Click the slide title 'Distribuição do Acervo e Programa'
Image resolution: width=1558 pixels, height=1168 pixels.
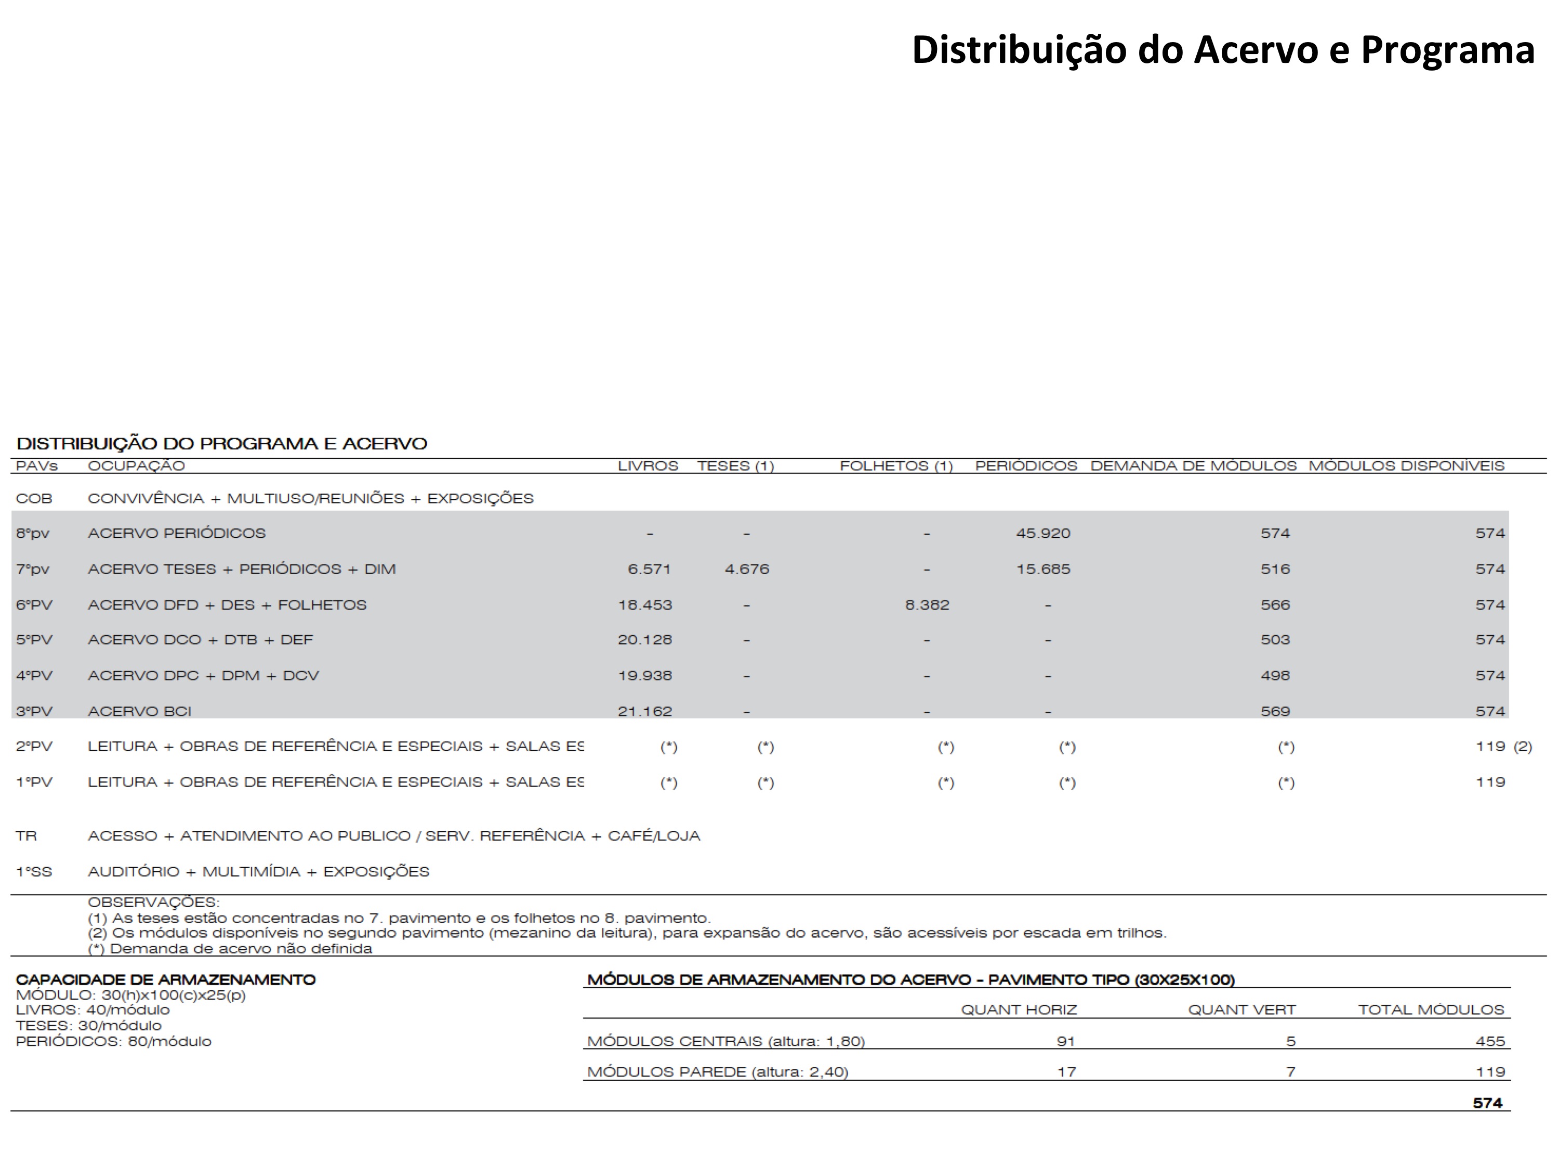[1223, 50]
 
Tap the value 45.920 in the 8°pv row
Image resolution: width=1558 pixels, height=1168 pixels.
[1042, 534]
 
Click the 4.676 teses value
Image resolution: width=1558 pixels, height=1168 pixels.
[747, 569]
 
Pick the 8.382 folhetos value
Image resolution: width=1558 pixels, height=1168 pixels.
[927, 605]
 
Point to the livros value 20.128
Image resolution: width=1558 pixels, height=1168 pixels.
[644, 640]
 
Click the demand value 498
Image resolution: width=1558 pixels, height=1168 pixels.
[1275, 676]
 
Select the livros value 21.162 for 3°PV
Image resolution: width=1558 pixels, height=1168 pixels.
[644, 712]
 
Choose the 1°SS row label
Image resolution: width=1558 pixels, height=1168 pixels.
[34, 872]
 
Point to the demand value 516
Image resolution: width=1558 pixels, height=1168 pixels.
[1275, 569]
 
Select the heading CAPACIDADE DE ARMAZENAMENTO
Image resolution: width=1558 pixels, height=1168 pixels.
[166, 980]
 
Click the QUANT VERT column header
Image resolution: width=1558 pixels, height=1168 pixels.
[1242, 1010]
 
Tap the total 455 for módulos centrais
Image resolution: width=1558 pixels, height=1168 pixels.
[1490, 1041]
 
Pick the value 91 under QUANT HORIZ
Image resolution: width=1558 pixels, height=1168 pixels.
[1066, 1041]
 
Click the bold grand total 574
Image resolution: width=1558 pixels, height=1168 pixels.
[1487, 1103]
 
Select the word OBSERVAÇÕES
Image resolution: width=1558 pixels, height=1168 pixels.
[153, 902]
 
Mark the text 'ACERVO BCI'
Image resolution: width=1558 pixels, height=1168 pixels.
[139, 712]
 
